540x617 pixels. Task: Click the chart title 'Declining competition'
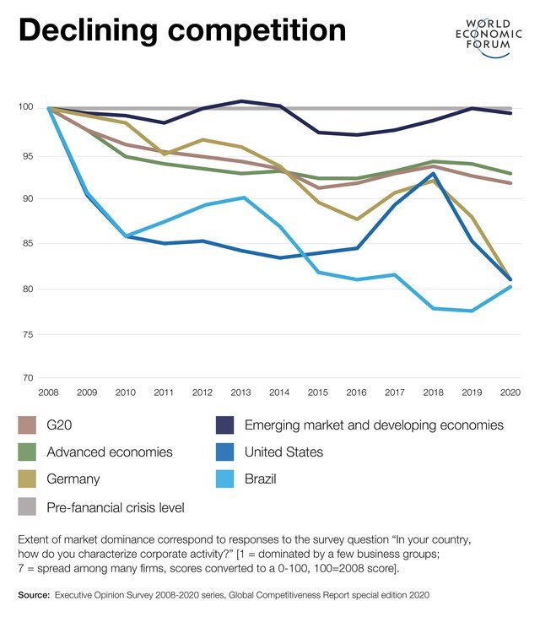pyautogui.click(x=182, y=30)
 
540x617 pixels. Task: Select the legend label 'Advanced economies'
pyautogui.click(x=110, y=452)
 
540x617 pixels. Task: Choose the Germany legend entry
pyautogui.click(x=73, y=479)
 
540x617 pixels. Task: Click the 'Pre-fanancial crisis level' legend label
pyautogui.click(x=116, y=507)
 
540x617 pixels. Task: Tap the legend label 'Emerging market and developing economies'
pyautogui.click(x=374, y=425)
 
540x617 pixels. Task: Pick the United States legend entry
pyautogui.click(x=283, y=452)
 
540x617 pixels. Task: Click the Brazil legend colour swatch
pyautogui.click(x=226, y=479)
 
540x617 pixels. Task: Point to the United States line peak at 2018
pyautogui.click(x=432, y=174)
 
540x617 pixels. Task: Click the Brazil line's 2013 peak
pyautogui.click(x=243, y=198)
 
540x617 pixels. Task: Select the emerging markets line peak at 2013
pyautogui.click(x=243, y=101)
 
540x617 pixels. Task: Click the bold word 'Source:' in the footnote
pyautogui.click(x=34, y=596)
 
